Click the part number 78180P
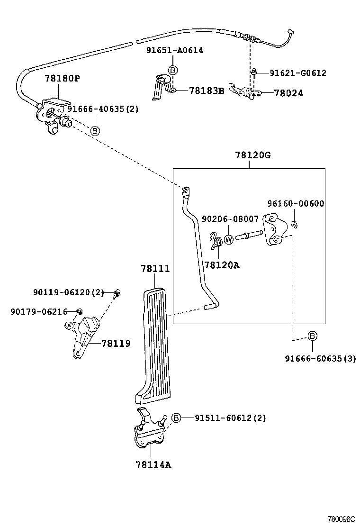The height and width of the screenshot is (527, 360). tap(62, 79)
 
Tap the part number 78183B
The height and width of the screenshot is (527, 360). tap(206, 91)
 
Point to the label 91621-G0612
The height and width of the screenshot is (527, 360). tap(298, 73)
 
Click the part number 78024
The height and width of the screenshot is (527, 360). tap(288, 93)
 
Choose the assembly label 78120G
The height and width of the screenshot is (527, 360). tap(252, 155)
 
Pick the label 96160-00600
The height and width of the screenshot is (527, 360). tap(295, 204)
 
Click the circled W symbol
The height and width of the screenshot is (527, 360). tap(229, 240)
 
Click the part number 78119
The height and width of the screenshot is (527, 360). tap(116, 343)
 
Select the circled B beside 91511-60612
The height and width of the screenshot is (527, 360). tap(176, 418)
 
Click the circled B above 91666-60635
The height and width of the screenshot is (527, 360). tap(313, 336)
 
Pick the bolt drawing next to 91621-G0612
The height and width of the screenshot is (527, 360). tap(254, 73)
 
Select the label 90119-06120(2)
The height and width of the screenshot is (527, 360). tap(68, 293)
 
